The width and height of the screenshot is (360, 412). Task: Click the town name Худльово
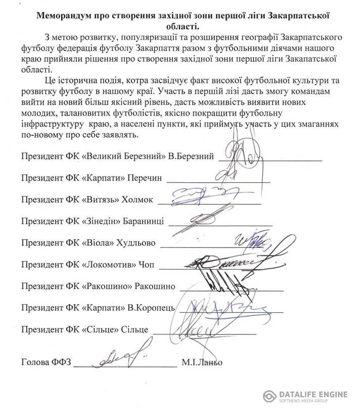(x=137, y=242)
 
